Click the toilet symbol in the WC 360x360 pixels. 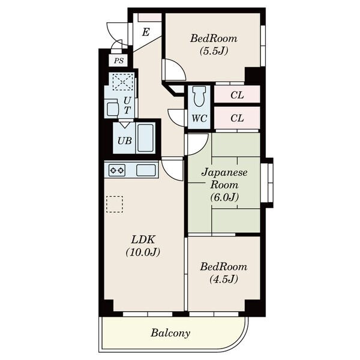coord(199,97)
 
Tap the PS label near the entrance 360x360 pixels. coord(119,61)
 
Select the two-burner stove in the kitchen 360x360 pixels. coord(117,170)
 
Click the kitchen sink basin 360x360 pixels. coord(146,170)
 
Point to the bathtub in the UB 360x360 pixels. coord(146,138)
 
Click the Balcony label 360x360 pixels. coord(170,333)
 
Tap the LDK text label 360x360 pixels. coord(143,239)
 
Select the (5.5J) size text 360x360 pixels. coord(214,51)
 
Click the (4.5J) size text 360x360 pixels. coord(223,279)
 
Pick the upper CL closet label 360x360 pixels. coord(237,95)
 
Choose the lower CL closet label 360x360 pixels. coord(237,118)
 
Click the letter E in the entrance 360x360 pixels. coord(146,32)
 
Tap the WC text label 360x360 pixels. coord(199,118)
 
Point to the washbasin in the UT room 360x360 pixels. coord(113,109)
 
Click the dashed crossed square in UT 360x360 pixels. coord(123,82)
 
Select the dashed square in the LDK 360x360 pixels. coord(115,204)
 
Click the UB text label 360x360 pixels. coord(125,140)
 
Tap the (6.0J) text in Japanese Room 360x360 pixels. coord(224,197)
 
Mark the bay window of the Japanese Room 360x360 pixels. coord(267,183)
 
